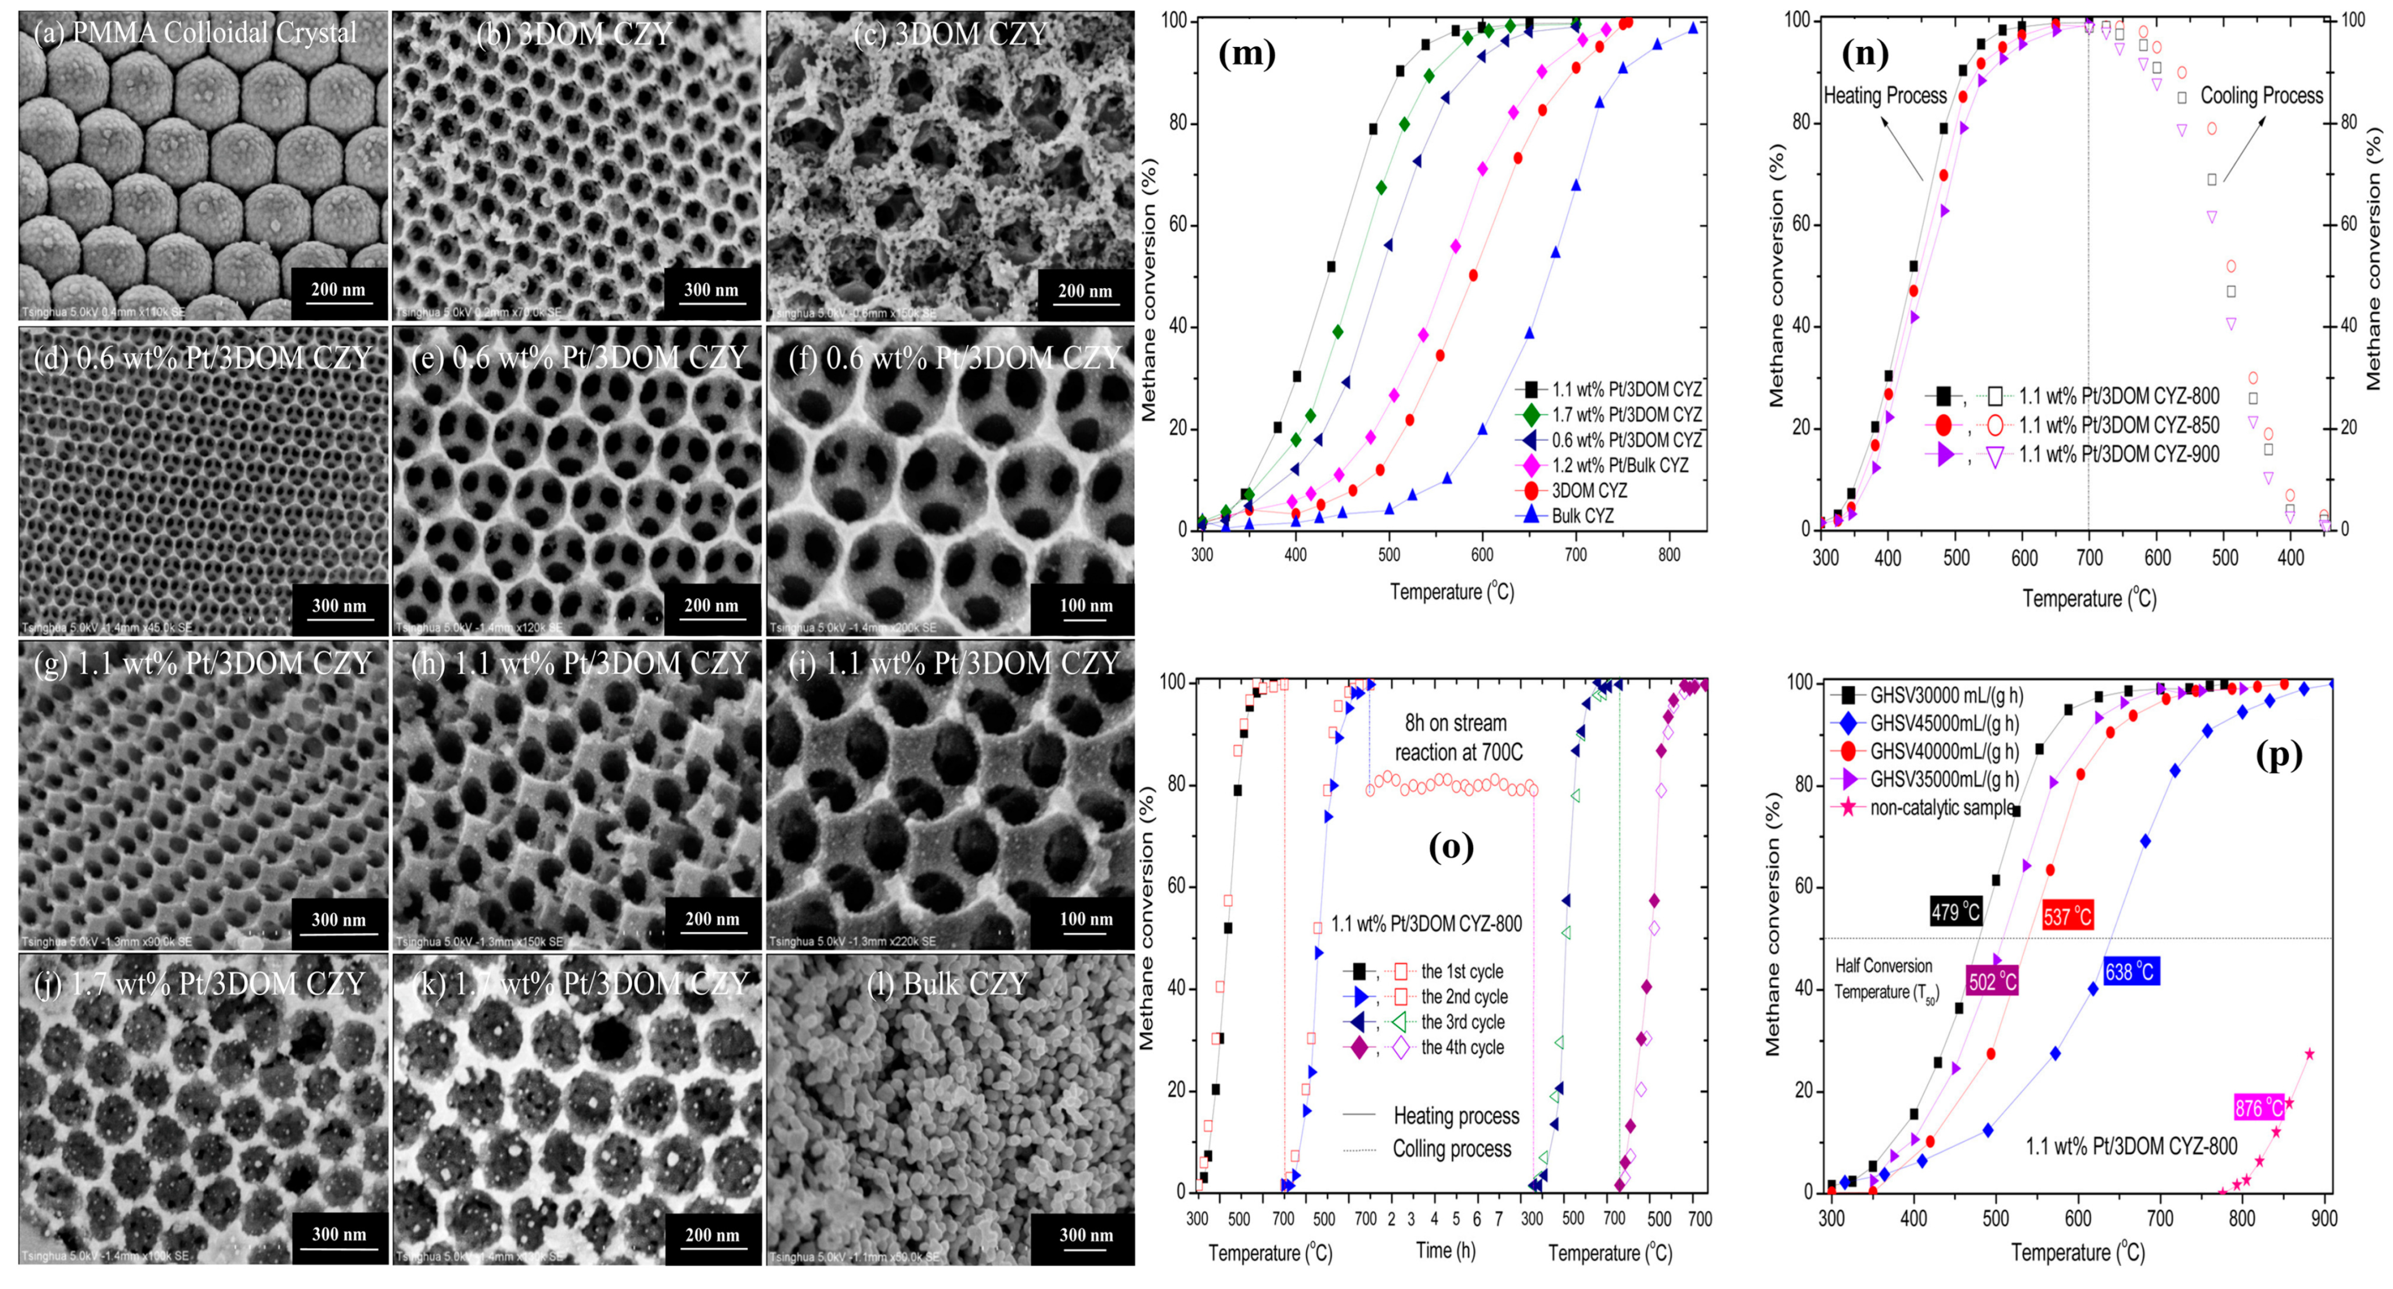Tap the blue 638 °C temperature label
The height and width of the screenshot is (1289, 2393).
(x=2129, y=972)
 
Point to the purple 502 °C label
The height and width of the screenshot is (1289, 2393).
(x=1993, y=981)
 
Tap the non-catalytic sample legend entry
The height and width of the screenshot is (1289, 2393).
(x=1942, y=807)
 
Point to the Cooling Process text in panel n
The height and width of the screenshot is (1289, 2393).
(x=2261, y=96)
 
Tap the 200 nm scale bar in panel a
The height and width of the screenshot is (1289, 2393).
(x=338, y=290)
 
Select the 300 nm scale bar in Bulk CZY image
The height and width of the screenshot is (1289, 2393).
(x=1086, y=1235)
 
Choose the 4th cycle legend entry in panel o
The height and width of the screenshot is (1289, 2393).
(x=1462, y=1047)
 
